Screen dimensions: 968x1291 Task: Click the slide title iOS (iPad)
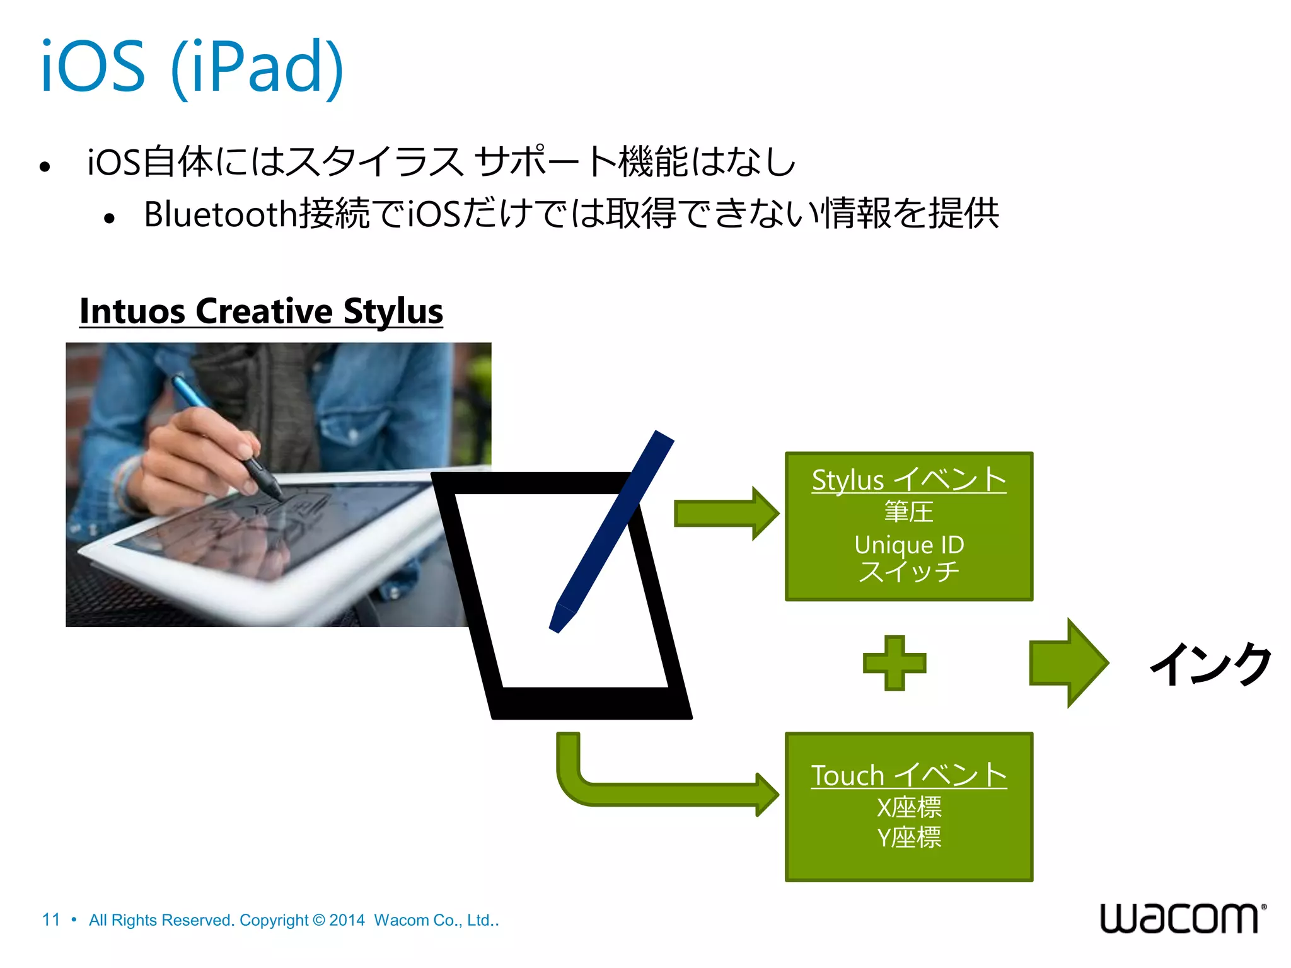[192, 66]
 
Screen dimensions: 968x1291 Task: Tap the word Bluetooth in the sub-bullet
[220, 214]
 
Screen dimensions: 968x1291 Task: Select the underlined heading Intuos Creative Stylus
[261, 311]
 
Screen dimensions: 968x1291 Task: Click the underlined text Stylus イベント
[908, 480]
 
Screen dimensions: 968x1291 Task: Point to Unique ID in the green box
[909, 544]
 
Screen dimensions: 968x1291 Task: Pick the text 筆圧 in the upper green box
[908, 512]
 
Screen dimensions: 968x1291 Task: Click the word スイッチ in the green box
[908, 572]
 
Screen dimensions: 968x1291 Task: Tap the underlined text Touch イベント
[908, 776]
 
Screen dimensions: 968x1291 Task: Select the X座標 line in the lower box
[908, 807]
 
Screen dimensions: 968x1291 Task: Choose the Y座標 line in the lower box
[908, 838]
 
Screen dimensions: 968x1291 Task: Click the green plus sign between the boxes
[894, 663]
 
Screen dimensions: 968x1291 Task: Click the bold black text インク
[1210, 664]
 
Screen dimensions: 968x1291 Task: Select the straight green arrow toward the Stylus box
[725, 514]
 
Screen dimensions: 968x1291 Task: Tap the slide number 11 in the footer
[51, 920]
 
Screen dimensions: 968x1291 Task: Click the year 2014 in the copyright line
[347, 920]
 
